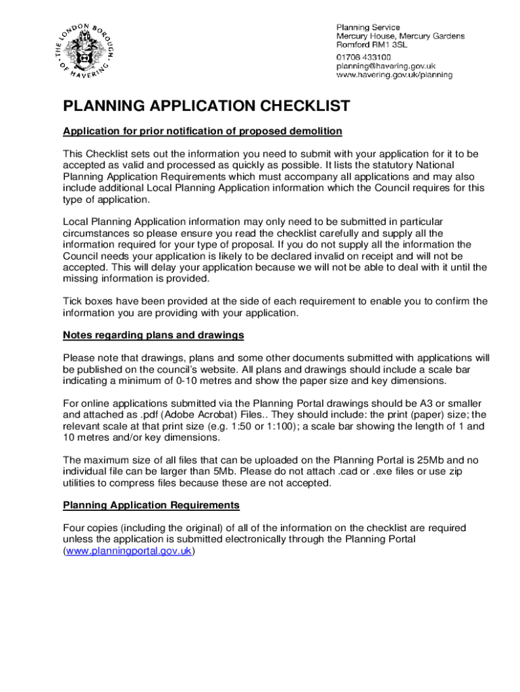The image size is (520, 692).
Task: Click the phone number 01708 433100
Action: [363, 57]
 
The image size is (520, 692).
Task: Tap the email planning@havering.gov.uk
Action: [386, 66]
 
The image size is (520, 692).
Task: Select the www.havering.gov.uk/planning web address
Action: [394, 76]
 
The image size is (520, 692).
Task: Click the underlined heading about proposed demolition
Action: [203, 130]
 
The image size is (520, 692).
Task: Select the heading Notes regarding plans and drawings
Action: [153, 335]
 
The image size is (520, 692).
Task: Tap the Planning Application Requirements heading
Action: [151, 505]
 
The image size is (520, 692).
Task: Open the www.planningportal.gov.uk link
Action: [129, 551]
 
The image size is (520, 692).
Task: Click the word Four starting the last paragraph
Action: [74, 528]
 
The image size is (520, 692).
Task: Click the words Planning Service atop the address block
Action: [368, 27]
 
